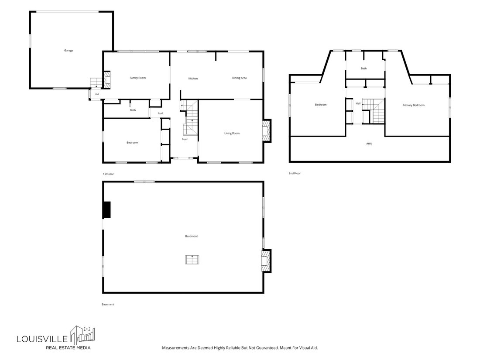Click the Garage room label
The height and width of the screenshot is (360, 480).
(69, 51)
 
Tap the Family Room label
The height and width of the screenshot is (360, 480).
(138, 78)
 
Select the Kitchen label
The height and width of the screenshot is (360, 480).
(193, 79)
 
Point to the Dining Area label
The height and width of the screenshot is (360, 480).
(240, 78)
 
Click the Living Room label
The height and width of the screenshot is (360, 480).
(232, 133)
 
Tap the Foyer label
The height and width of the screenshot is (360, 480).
(185, 139)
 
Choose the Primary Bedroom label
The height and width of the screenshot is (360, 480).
(414, 105)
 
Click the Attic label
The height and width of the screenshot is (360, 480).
(369, 144)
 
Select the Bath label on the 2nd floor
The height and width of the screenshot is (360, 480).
(363, 69)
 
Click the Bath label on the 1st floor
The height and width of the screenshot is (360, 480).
(133, 110)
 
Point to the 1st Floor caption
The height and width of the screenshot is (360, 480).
(108, 174)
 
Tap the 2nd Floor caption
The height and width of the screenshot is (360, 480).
(295, 173)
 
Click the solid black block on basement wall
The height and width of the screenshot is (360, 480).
(106, 210)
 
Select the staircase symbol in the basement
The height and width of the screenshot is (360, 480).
(192, 260)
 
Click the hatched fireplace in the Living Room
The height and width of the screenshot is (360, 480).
(266, 131)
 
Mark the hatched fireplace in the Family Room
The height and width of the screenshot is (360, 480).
(107, 80)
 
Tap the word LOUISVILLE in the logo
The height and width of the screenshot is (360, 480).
(42, 339)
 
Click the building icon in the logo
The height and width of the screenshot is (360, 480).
(82, 335)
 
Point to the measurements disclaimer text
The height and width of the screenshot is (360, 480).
(240, 348)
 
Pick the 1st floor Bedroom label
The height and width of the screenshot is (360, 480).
(133, 143)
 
